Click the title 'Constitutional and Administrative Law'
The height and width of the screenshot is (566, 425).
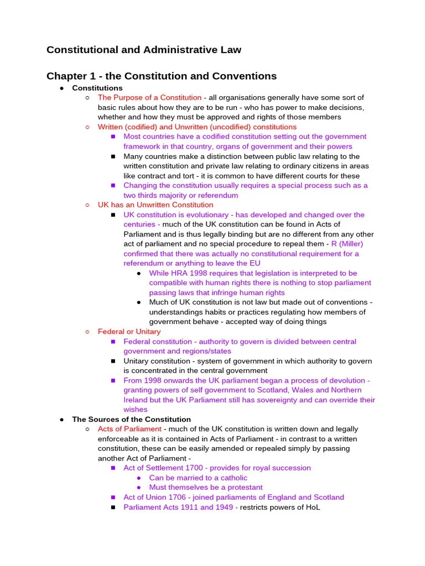(x=144, y=50)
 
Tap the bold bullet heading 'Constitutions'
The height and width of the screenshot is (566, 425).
(x=97, y=88)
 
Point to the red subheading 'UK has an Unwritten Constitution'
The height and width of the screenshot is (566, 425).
(x=156, y=205)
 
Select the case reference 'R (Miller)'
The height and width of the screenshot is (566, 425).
(x=347, y=244)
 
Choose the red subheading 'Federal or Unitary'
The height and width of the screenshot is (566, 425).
(x=129, y=332)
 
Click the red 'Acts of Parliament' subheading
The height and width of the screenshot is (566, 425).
(x=129, y=429)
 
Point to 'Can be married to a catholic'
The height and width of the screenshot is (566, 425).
(x=198, y=478)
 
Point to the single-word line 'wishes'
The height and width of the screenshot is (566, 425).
(x=135, y=410)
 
